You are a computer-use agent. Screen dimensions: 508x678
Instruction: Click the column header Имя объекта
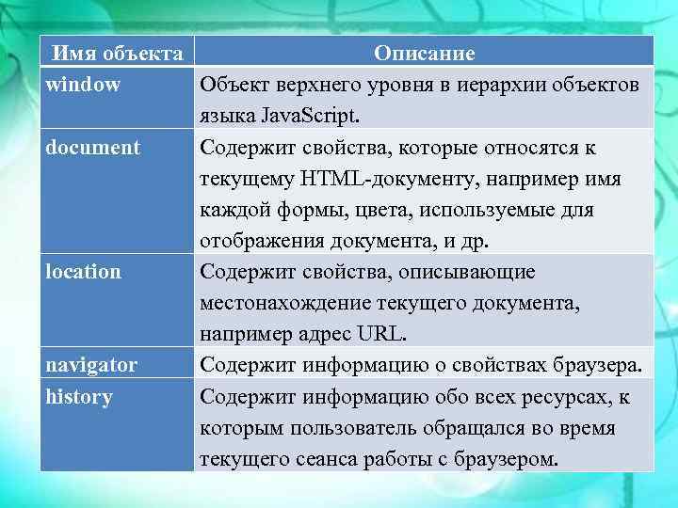117,54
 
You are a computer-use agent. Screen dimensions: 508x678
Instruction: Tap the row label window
84,85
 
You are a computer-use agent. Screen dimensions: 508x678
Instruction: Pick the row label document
93,148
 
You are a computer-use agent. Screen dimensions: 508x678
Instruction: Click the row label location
84,272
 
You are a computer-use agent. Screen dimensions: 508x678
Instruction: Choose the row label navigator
92,365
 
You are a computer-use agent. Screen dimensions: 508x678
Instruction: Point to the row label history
79,396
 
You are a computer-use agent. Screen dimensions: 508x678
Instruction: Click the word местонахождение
282,303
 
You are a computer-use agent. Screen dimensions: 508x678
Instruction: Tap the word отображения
257,241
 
